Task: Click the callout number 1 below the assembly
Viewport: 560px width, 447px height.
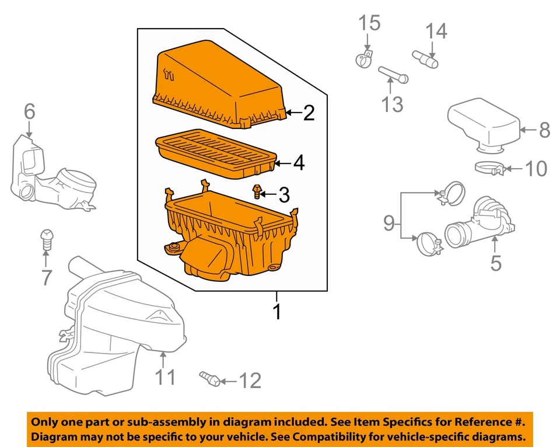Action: [x=278, y=312]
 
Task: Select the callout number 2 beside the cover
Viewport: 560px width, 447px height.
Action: [x=309, y=113]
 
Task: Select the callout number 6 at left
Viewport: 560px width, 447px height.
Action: [x=29, y=111]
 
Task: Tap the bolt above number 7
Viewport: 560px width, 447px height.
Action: [x=47, y=237]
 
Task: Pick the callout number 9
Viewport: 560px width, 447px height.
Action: [x=389, y=223]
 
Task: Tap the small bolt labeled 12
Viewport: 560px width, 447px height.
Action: [x=209, y=379]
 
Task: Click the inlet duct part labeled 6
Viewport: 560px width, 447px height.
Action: [x=52, y=175]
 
